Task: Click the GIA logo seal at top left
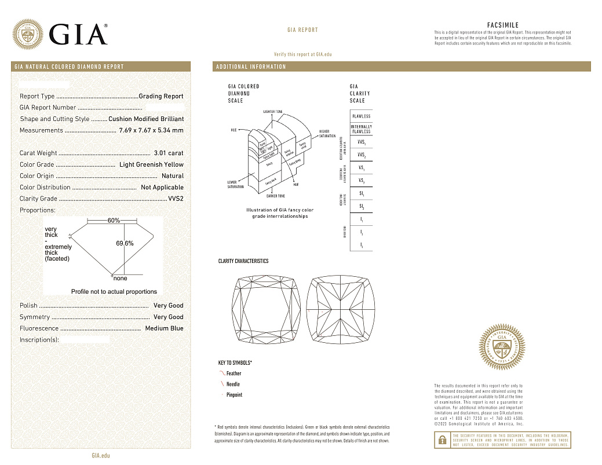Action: pyautogui.click(x=28, y=34)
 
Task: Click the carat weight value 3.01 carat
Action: pyautogui.click(x=169, y=153)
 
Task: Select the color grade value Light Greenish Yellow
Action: pyautogui.click(x=151, y=164)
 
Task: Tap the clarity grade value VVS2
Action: pyautogui.click(x=176, y=199)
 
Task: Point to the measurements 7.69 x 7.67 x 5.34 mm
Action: pyautogui.click(x=151, y=130)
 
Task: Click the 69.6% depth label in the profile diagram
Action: pyautogui.click(x=125, y=243)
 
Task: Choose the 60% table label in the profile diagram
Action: pyautogui.click(x=114, y=221)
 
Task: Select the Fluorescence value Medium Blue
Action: pyautogui.click(x=164, y=328)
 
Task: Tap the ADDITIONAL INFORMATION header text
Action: pyautogui.click(x=251, y=67)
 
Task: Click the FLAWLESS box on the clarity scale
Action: pyautogui.click(x=361, y=116)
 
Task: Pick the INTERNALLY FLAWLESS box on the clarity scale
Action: pyautogui.click(x=361, y=129)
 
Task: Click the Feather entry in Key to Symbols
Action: pyautogui.click(x=233, y=374)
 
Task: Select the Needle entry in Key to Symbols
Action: pyautogui.click(x=233, y=384)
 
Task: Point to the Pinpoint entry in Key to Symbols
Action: pyautogui.click(x=234, y=395)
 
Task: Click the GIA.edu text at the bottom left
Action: pyautogui.click(x=101, y=455)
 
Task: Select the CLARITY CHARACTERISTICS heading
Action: pyautogui.click(x=243, y=261)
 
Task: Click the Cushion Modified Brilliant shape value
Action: pyautogui.click(x=146, y=119)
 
